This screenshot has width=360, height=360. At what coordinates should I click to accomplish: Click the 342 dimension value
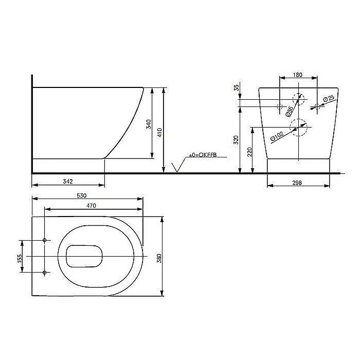point(68,182)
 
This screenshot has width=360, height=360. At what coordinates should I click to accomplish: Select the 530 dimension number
point(81,195)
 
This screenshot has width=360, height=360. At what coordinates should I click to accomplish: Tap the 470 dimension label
point(91,206)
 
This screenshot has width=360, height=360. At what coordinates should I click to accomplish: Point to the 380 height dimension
point(159,258)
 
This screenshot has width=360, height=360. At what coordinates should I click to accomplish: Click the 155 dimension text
point(20,258)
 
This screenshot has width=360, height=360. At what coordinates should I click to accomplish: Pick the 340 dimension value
point(149,124)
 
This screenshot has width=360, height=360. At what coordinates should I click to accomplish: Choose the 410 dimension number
point(159,133)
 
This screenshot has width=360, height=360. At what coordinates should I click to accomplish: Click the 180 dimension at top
point(298,75)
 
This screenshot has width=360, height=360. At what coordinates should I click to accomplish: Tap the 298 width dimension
point(297,183)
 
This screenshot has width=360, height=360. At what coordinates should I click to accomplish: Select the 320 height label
point(236,140)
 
